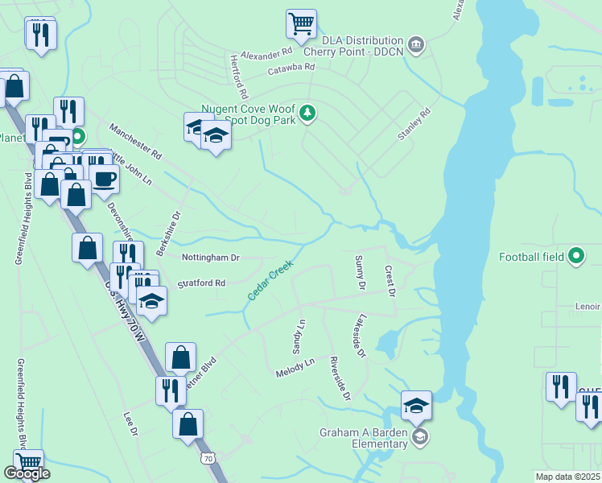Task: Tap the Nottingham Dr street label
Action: point(212,258)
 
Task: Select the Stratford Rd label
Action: point(201,283)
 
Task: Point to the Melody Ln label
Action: point(295,369)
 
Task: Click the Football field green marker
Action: point(576,257)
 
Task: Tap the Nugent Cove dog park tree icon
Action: point(307,114)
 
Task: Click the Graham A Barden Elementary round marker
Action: point(419,437)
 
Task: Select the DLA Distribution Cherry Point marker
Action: point(415,43)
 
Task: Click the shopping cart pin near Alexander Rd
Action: point(301,23)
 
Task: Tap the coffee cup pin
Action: point(105,178)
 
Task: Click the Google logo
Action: point(27,473)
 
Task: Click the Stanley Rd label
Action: point(414,125)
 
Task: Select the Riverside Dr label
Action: point(341,378)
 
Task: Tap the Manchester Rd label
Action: point(135,142)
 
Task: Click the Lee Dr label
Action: point(130,424)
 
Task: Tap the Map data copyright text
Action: point(568,477)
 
